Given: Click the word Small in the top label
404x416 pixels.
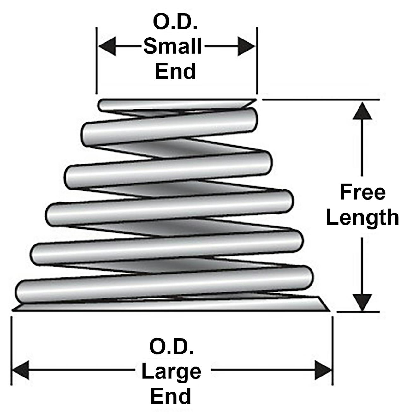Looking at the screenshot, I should (173, 46).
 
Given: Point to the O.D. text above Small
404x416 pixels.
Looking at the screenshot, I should (175, 22).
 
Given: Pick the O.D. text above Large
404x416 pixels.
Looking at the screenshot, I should (171, 347).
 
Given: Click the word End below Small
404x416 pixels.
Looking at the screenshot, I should (175, 71).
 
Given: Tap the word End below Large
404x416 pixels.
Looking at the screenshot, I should (170, 396).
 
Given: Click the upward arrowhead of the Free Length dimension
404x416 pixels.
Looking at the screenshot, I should (362, 111).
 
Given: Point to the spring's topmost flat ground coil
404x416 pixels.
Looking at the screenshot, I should (177, 104).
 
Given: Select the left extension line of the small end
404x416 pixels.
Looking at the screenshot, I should (96, 60).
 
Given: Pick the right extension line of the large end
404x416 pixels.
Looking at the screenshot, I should (332, 351).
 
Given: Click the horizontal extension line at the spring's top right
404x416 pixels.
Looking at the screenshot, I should (320, 99).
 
